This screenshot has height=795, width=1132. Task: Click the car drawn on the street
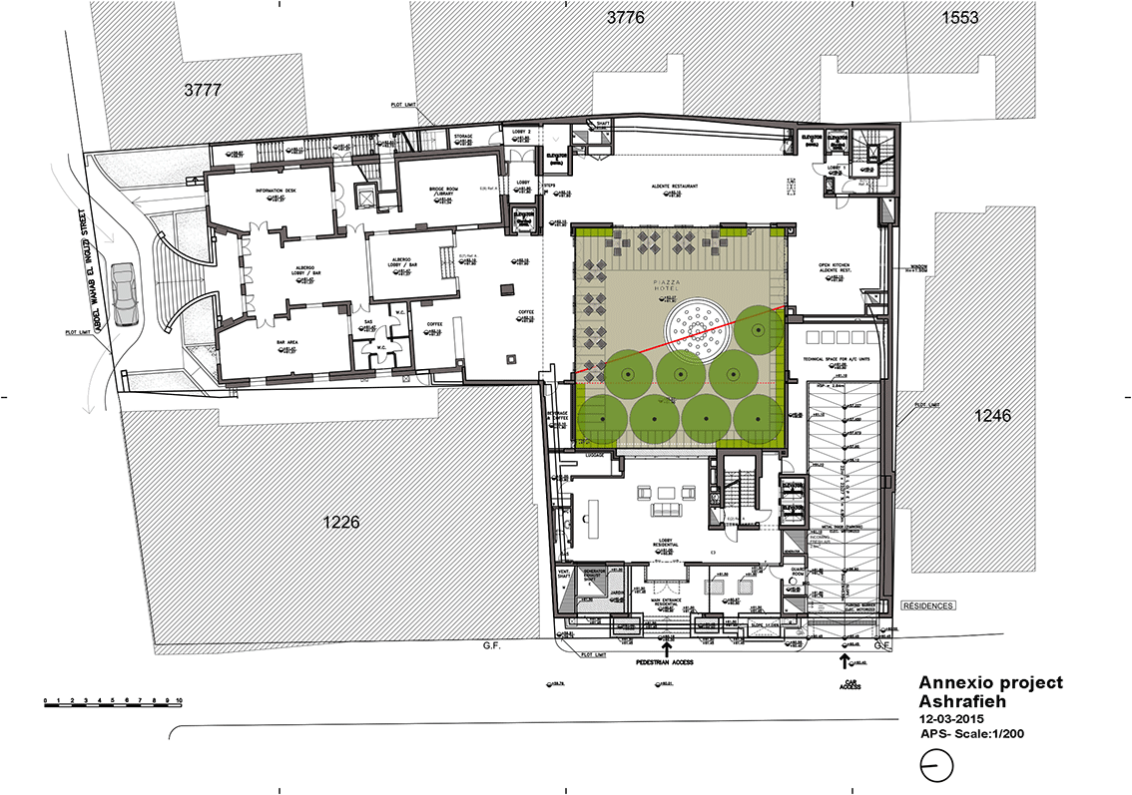point(125,294)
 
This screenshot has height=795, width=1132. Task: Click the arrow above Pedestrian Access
point(666,646)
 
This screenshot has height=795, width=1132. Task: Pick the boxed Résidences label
point(928,605)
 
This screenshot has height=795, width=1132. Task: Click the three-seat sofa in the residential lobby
point(666,512)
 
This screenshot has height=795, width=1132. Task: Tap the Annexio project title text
point(990,683)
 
